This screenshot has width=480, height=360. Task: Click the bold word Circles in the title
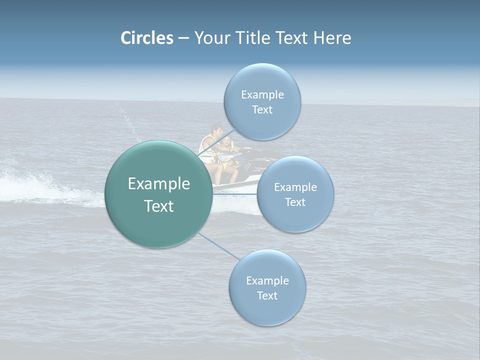pos(147,38)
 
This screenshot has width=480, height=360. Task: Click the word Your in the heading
pos(211,38)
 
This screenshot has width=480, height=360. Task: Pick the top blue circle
pos(262,80)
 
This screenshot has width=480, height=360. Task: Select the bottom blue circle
pos(267,310)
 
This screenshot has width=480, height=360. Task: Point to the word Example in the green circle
pos(159,184)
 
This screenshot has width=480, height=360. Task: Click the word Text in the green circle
pos(159,206)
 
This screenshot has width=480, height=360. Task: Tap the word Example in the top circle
pos(262,94)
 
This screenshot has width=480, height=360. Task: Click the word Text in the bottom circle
pos(267,295)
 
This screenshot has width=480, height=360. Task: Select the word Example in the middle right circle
pos(295,187)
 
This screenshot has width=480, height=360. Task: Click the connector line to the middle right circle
pos(235,194)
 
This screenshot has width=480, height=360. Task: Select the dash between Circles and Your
pos(183,38)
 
